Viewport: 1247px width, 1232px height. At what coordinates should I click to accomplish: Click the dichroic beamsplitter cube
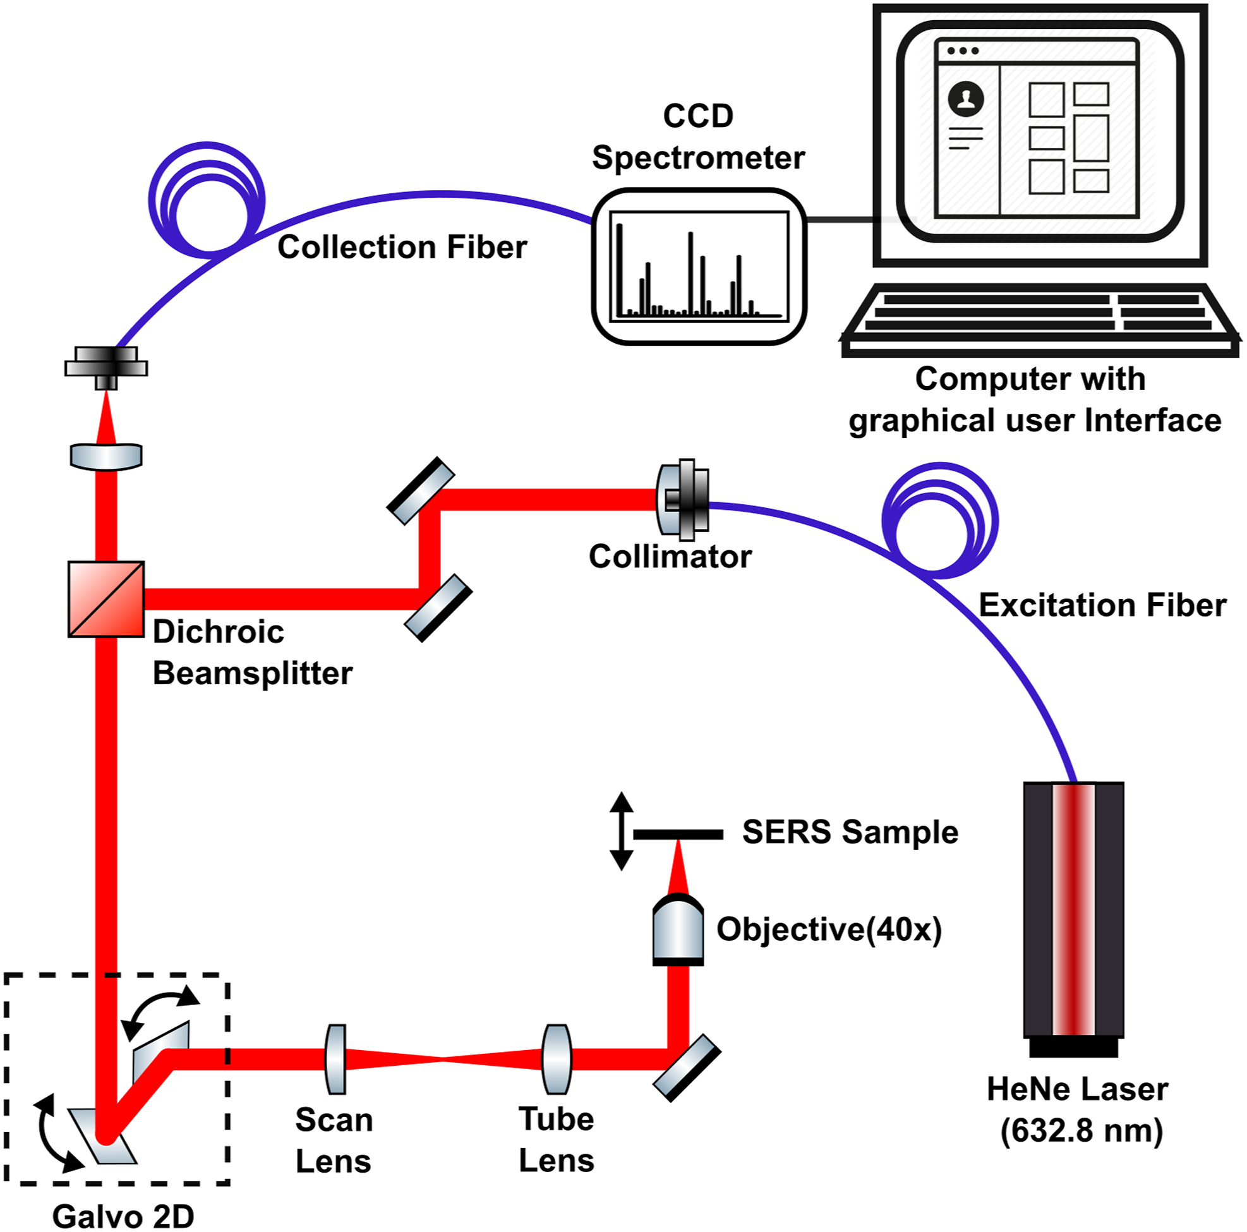(106, 599)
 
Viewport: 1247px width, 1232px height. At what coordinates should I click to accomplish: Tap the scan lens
(335, 1059)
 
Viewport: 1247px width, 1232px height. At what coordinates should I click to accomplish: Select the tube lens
(557, 1059)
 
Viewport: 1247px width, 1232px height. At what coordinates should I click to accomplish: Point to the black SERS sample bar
(678, 835)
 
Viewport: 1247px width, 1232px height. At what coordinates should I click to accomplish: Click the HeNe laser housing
(1073, 916)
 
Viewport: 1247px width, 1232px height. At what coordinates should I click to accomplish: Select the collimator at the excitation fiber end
(683, 500)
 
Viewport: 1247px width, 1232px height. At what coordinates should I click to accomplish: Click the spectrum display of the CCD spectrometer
(699, 266)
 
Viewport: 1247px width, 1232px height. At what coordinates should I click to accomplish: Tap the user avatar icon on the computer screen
(966, 99)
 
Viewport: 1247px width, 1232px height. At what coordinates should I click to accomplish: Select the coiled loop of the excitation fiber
(940, 519)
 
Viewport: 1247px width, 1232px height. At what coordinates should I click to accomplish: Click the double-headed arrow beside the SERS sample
(621, 831)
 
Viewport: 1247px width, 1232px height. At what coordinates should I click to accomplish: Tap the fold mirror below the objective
(687, 1068)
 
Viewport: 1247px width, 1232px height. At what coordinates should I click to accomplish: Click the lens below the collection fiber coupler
(106, 456)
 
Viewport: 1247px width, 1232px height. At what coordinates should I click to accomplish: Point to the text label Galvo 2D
(123, 1216)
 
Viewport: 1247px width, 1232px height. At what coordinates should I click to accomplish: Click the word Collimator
(670, 557)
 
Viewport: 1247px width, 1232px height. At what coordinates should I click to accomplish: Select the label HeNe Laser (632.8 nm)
(1078, 1109)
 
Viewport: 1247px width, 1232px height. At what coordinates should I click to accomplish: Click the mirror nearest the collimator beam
(421, 490)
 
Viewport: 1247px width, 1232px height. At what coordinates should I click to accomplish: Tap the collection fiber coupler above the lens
(106, 368)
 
